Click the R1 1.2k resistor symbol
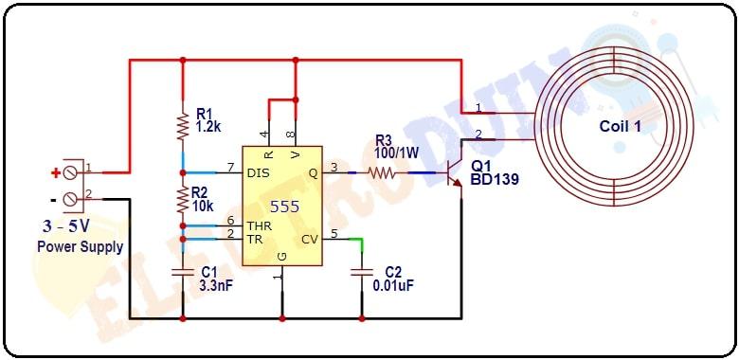pos(183,126)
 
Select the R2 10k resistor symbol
pos(183,198)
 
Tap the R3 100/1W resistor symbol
pos(382,173)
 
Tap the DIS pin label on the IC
pos(258,173)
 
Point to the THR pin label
pos(260,226)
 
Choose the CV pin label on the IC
pos(309,239)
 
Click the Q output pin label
pos(314,173)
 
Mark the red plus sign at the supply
pos(55,172)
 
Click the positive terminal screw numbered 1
pos(70,173)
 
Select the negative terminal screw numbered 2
pos(70,199)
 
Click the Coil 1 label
pos(621,126)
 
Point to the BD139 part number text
pos(495,177)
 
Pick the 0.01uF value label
pos(393,285)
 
